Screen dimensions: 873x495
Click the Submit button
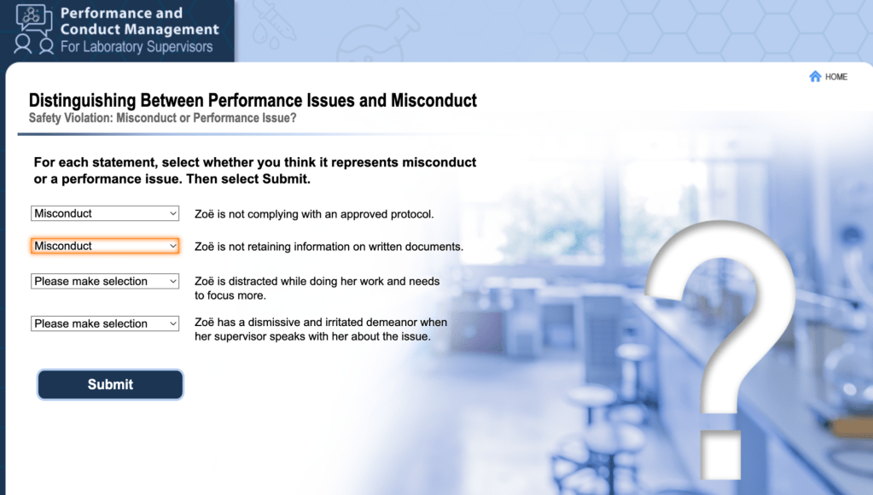pyautogui.click(x=110, y=384)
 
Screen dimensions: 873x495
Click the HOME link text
pyautogui.click(x=836, y=77)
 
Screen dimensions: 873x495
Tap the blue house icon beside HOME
pyautogui.click(x=815, y=76)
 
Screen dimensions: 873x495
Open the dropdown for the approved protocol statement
pyautogui.click(x=105, y=213)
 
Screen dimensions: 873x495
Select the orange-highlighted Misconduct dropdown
pyautogui.click(x=105, y=246)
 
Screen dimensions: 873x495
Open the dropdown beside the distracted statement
pyautogui.click(x=105, y=281)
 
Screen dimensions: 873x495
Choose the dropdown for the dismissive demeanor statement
pyautogui.click(x=105, y=323)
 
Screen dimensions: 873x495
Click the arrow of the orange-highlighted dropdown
pyautogui.click(x=173, y=246)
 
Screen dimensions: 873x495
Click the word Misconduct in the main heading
pyautogui.click(x=434, y=100)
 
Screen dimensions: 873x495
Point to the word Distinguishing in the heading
pyautogui.click(x=83, y=101)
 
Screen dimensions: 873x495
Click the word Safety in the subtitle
pyautogui.click(x=44, y=118)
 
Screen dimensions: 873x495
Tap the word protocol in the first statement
pyautogui.click(x=410, y=214)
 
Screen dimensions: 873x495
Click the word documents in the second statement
pyautogui.click(x=437, y=247)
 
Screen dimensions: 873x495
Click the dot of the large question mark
pyautogui.click(x=720, y=454)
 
